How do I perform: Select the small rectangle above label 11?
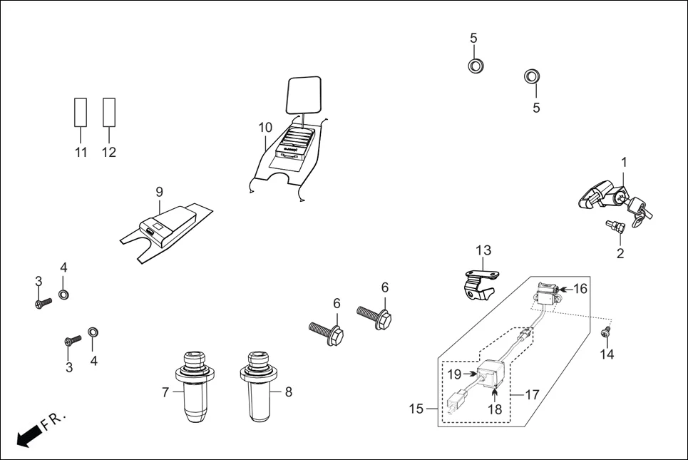click(81, 111)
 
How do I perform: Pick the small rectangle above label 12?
click(108, 111)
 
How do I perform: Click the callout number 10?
click(265, 128)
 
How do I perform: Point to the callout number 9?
click(159, 191)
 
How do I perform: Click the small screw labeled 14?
click(607, 331)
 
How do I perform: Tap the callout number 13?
click(483, 250)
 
